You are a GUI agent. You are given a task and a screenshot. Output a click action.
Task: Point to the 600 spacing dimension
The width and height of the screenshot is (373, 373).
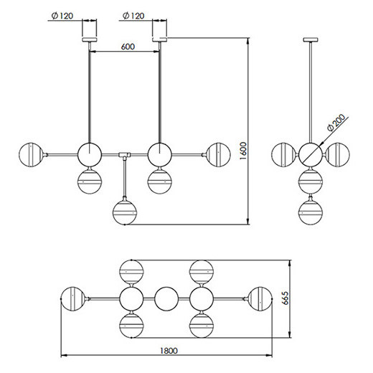pyautogui.click(x=128, y=46)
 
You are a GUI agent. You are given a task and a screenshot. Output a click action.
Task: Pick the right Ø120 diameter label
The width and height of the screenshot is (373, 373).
pyautogui.click(x=135, y=14)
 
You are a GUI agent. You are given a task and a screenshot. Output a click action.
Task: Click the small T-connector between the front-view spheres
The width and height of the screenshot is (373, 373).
pyautogui.click(x=125, y=154)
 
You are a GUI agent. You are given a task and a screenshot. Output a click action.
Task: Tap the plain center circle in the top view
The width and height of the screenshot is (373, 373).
pyautogui.click(x=166, y=298)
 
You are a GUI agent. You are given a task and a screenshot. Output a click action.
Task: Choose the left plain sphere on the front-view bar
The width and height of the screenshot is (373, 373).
pyautogui.click(x=90, y=154)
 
